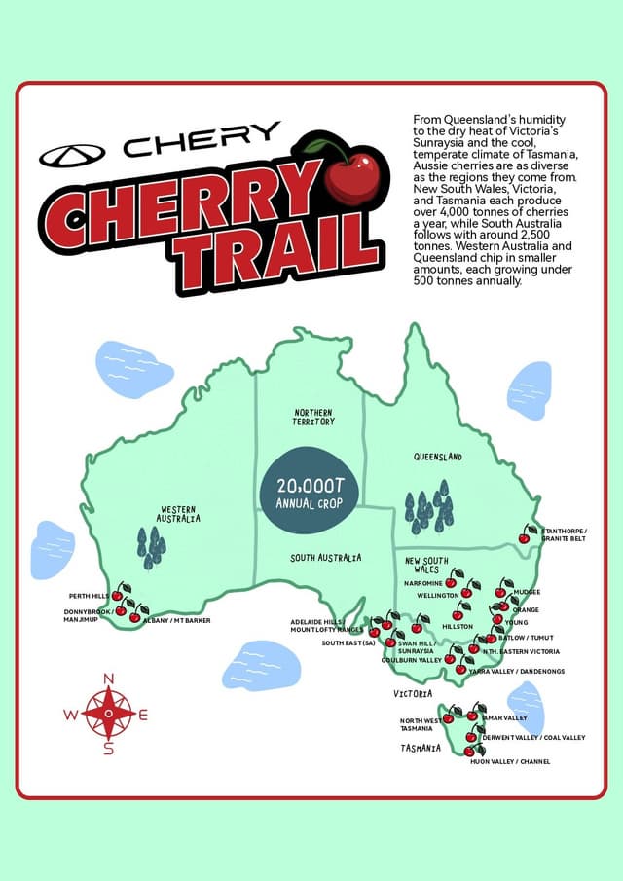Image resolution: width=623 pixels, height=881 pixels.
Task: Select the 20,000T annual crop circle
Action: point(309,493)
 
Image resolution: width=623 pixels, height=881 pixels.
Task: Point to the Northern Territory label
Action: point(313,417)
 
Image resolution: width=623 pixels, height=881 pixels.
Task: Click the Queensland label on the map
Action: point(437,457)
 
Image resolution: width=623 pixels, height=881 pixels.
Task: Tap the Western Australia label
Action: point(179,514)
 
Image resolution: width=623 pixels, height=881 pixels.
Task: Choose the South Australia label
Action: point(325,558)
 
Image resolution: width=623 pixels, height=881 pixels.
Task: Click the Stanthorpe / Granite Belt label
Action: point(565,534)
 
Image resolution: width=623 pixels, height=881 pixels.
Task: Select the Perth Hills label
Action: point(90,596)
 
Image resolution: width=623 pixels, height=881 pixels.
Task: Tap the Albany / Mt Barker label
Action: point(176,620)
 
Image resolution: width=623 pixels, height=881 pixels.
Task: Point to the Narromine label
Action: point(423,583)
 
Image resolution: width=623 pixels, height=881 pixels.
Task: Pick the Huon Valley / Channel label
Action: point(510,761)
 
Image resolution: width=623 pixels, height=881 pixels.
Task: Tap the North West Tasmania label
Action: point(417,725)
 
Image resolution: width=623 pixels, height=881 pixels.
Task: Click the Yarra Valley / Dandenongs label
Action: point(516,672)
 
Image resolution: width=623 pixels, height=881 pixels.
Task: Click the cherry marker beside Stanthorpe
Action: point(525,535)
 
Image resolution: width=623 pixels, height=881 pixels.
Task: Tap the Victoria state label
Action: point(413,694)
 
